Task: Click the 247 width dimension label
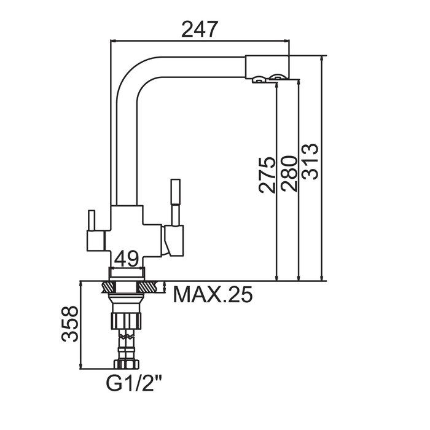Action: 200,29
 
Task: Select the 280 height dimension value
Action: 289,175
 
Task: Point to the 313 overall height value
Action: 310,161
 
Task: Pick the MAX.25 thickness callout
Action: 213,295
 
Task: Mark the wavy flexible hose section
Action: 127,338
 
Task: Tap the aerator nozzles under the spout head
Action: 269,77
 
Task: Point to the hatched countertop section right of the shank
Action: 149,287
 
